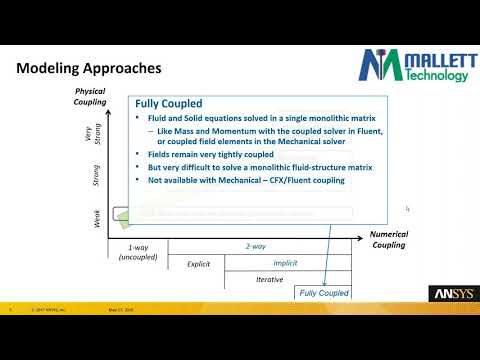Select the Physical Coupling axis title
(x=91, y=99)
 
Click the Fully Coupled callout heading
(x=170, y=103)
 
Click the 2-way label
(x=255, y=245)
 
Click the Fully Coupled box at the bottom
(x=322, y=293)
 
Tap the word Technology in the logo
(x=437, y=76)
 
